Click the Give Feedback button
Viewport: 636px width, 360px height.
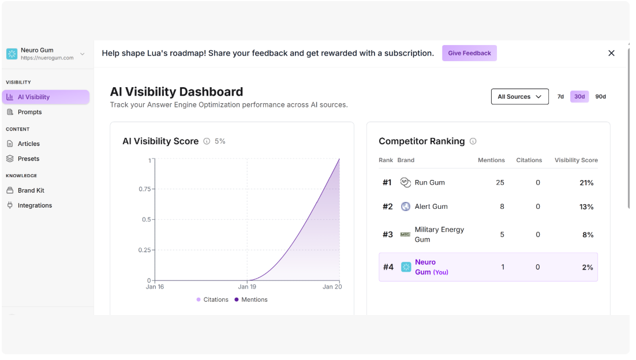coord(469,53)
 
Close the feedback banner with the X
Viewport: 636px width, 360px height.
coord(611,53)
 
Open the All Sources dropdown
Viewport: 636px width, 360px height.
coord(519,97)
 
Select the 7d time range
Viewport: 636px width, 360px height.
coord(560,97)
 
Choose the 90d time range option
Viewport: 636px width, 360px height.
coord(600,97)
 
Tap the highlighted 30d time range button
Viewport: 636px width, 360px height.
coord(579,97)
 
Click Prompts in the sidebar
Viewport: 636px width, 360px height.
coord(29,112)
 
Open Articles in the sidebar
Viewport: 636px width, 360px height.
coord(28,144)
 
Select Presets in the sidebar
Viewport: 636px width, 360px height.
coord(28,159)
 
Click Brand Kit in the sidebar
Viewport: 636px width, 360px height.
coord(31,190)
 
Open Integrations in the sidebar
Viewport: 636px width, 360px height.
coord(35,205)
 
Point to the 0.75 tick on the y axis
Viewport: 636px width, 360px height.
coord(145,189)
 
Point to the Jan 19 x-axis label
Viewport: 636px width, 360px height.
coord(247,287)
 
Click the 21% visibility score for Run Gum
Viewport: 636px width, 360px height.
coord(586,183)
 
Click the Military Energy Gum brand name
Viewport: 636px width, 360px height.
coord(439,234)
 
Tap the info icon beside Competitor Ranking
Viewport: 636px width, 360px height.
coord(473,141)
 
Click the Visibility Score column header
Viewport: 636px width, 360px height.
coord(576,160)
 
